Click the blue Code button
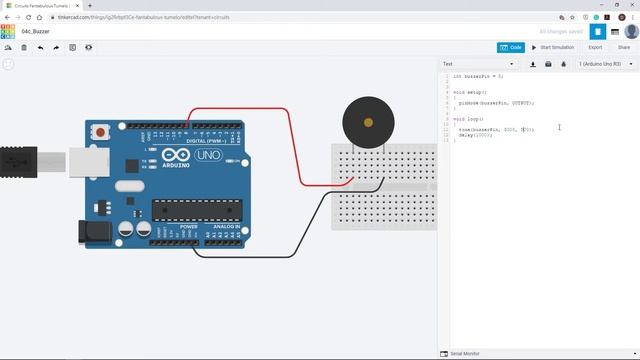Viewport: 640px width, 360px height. (510, 47)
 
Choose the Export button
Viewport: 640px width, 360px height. (595, 47)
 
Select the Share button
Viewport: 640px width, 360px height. (624, 47)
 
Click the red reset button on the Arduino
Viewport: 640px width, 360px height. (101, 132)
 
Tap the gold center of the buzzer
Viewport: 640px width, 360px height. (368, 123)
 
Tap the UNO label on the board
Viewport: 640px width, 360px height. (208, 156)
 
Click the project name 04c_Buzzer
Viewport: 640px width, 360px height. (37, 31)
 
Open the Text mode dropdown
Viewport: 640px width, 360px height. (478, 64)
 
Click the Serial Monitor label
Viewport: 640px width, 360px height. (466, 354)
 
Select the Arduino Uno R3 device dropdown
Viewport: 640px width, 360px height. (601, 64)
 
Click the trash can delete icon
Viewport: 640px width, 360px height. (24, 47)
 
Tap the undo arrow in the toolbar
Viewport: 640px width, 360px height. (40, 47)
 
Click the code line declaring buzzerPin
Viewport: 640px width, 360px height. (478, 76)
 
